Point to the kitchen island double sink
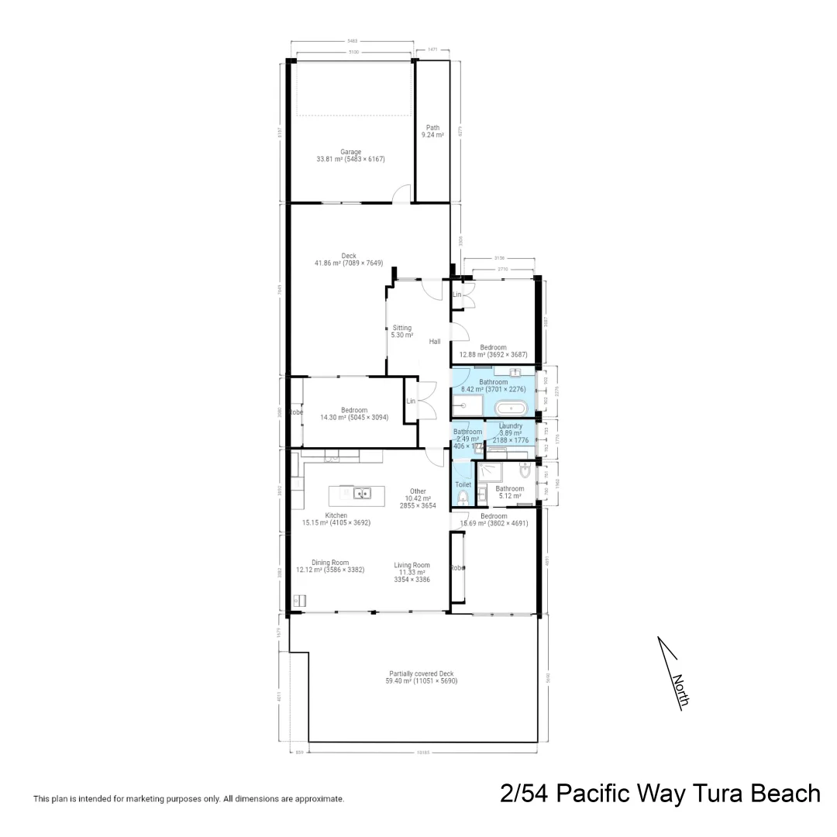coord(360,493)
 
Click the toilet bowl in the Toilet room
coord(463,498)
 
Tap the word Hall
coord(435,342)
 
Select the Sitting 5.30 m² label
coord(401,332)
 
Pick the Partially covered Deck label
coord(422,677)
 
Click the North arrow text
coord(680,690)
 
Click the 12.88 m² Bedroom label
coord(493,351)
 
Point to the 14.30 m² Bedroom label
coord(344,414)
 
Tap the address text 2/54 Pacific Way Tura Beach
coord(660,794)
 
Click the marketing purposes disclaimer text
coord(188,798)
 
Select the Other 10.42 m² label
coord(418,498)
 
